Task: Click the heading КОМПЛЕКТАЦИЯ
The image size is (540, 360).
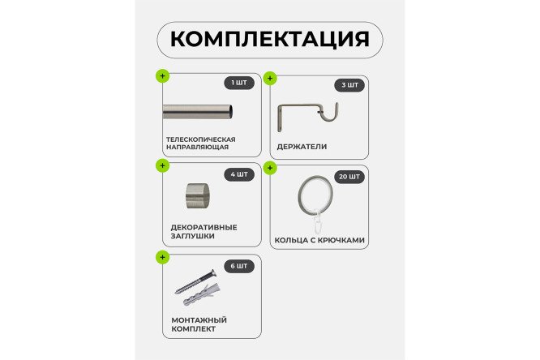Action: [x=269, y=39]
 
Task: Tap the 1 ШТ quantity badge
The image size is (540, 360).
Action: [x=239, y=82]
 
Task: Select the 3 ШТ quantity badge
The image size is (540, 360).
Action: [x=349, y=84]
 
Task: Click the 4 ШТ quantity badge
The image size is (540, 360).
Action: [x=239, y=174]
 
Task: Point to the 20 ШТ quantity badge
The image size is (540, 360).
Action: [x=349, y=176]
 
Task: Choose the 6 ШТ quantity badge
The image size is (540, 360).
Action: [x=239, y=265]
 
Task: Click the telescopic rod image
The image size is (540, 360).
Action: [x=199, y=111]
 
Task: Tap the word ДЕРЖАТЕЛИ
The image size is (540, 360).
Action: [x=302, y=148]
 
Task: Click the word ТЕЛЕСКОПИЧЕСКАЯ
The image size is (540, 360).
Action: [x=199, y=139]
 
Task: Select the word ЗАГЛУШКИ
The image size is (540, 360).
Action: [x=192, y=236]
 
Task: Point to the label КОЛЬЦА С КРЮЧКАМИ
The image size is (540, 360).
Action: [x=321, y=240]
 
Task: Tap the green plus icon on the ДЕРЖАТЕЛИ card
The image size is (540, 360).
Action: [x=270, y=79]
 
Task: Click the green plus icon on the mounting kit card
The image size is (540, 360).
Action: [x=162, y=257]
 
